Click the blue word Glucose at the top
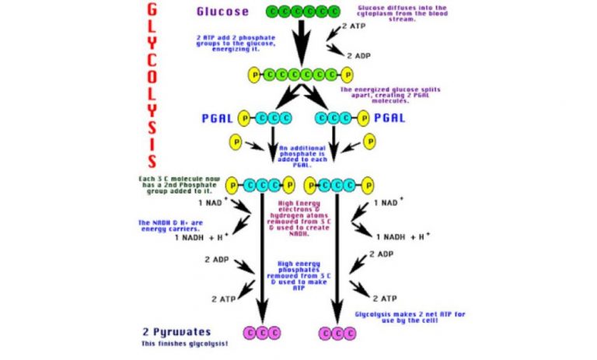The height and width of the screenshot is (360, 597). [222, 12]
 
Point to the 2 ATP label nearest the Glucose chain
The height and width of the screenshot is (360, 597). [354, 26]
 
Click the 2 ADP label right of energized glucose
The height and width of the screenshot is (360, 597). [358, 56]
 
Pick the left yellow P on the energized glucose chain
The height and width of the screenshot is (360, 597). [253, 75]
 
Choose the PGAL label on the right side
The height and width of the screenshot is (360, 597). [389, 118]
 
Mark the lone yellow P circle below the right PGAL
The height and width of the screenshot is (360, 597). [370, 142]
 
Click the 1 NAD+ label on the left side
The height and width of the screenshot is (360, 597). [212, 203]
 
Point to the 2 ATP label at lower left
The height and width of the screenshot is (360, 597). [224, 298]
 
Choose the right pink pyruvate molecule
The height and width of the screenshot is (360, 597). [337, 334]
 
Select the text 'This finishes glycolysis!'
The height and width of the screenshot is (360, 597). [183, 343]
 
